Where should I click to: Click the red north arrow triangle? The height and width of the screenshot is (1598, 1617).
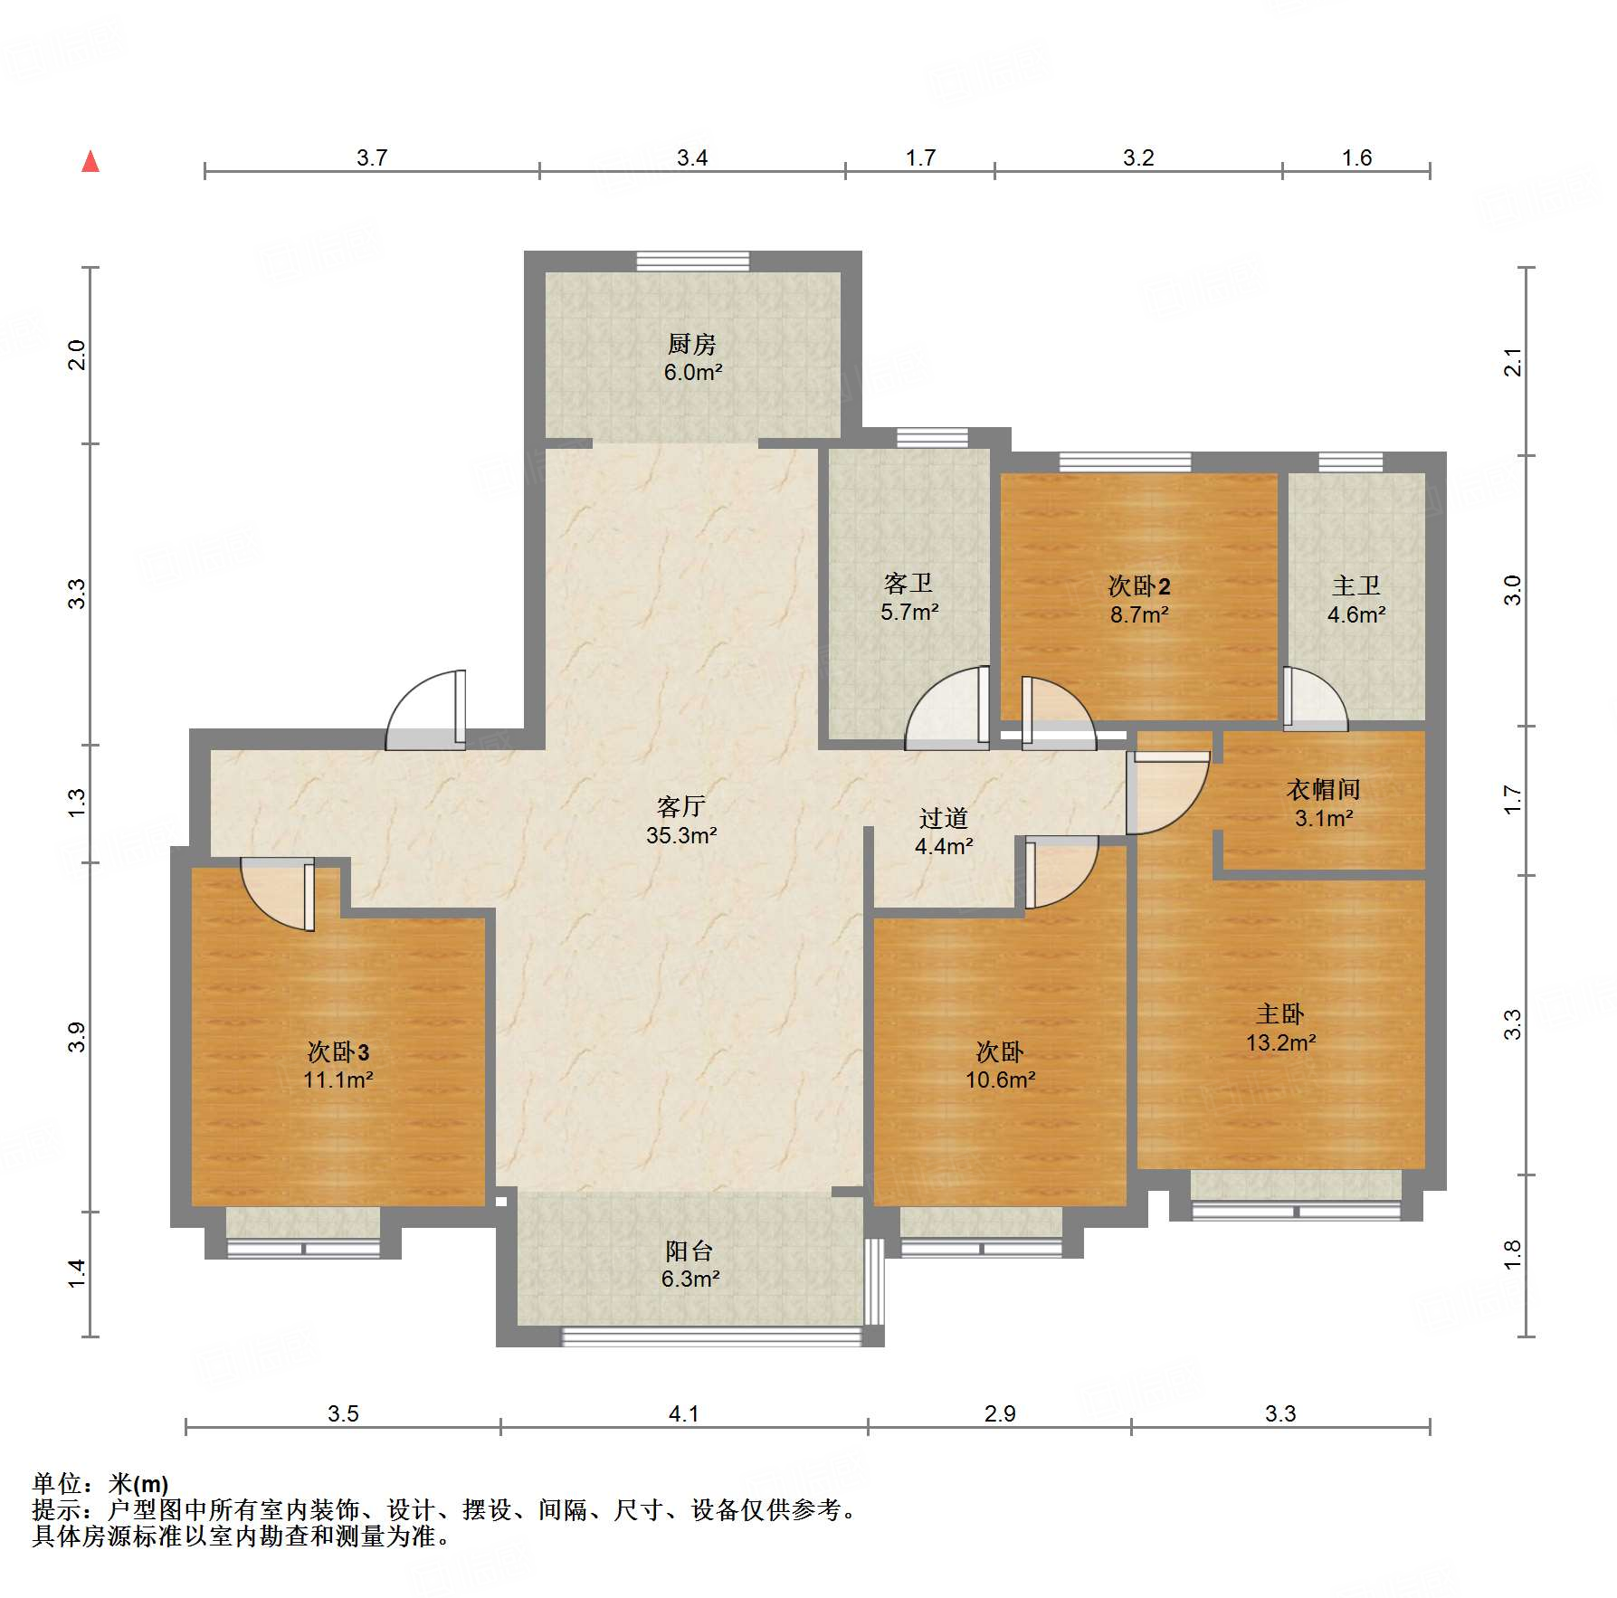pyautogui.click(x=90, y=162)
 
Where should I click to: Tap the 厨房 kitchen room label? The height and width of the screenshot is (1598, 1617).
pyautogui.click(x=692, y=344)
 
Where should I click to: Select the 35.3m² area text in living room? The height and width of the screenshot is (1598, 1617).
pyautogui.click(x=681, y=835)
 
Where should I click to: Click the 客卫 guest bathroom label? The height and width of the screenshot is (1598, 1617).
pyautogui.click(x=908, y=583)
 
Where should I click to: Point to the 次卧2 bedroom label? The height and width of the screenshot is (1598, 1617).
pyautogui.click(x=1139, y=586)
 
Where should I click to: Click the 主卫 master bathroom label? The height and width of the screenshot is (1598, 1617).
pyautogui.click(x=1355, y=585)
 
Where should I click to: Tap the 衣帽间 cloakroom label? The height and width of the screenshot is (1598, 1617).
pyautogui.click(x=1323, y=789)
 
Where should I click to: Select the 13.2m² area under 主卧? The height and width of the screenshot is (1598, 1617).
pyautogui.click(x=1280, y=1042)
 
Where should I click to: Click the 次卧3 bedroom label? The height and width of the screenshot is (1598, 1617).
pyautogui.click(x=338, y=1051)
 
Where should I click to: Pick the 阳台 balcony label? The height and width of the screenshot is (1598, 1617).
pyautogui.click(x=690, y=1251)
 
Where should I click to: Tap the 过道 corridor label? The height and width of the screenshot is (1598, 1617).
pyautogui.click(x=943, y=818)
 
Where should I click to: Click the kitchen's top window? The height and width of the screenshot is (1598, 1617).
pyautogui.click(x=692, y=262)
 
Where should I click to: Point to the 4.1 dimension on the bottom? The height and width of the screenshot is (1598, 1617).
pyautogui.click(x=683, y=1413)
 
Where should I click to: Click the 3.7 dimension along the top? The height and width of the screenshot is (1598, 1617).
pyautogui.click(x=371, y=157)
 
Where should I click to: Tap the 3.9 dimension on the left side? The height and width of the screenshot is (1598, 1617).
pyautogui.click(x=77, y=1036)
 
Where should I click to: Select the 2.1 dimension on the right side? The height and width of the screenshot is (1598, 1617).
pyautogui.click(x=1513, y=362)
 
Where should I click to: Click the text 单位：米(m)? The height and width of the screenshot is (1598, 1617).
pyautogui.click(x=100, y=1484)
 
